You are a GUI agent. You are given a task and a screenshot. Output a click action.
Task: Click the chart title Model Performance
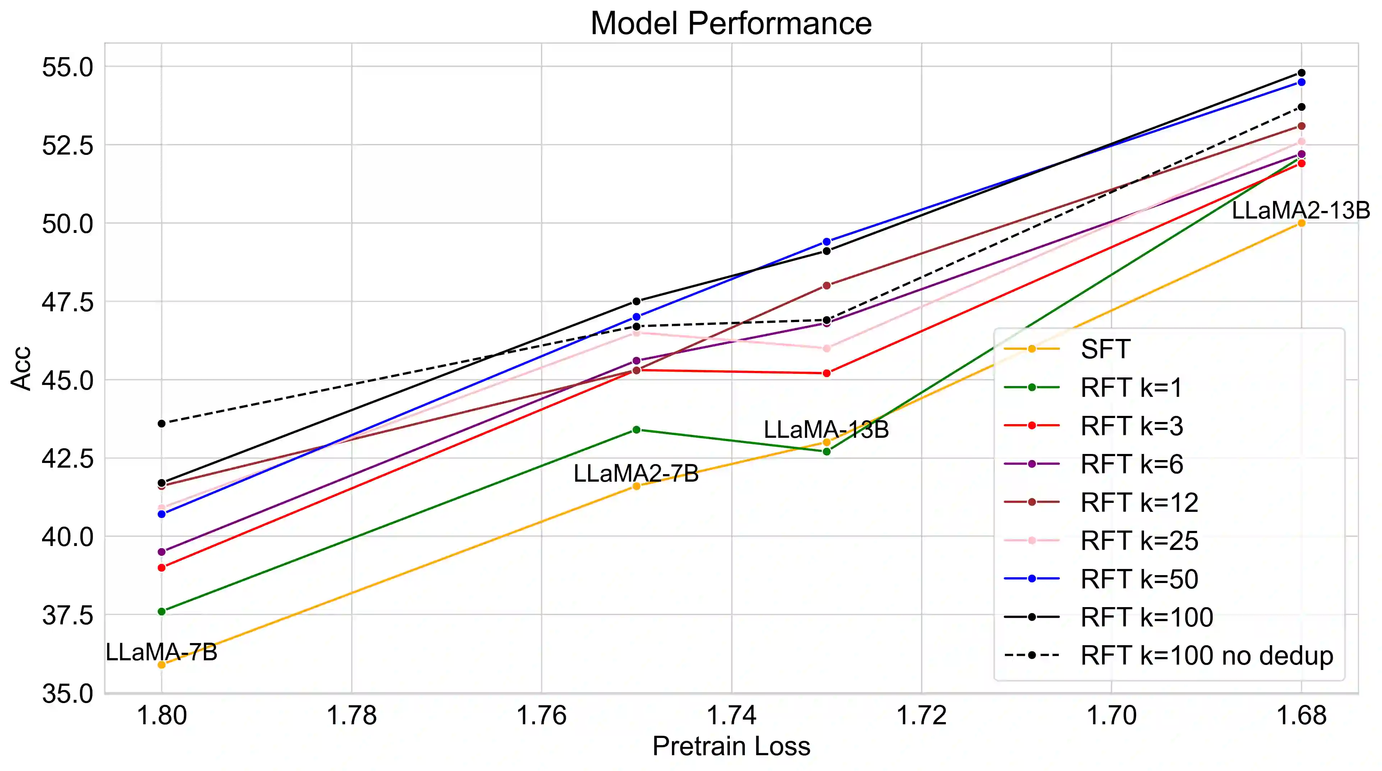tap(731, 24)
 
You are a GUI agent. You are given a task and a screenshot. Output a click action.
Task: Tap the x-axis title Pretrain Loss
tap(731, 746)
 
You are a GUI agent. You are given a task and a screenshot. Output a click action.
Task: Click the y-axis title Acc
tap(22, 368)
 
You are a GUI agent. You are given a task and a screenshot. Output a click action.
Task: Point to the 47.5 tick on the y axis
tap(68, 302)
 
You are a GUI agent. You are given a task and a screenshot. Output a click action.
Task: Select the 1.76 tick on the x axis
tap(541, 715)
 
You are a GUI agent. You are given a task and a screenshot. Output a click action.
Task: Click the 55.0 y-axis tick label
tap(68, 68)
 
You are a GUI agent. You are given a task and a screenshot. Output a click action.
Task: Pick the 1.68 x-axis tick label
tap(1301, 715)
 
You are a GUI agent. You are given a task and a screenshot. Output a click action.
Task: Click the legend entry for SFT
tap(1105, 349)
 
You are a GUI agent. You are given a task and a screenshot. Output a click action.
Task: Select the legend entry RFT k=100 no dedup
tap(1206, 656)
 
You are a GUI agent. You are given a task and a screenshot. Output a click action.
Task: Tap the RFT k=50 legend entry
tap(1139, 579)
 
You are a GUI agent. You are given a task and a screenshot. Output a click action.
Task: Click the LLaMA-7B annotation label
tap(161, 652)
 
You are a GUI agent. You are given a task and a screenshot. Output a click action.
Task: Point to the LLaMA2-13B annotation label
tap(1300, 210)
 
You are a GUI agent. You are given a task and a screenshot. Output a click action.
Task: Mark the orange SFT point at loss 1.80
tap(161, 665)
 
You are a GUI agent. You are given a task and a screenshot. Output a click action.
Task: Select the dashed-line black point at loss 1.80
tap(161, 423)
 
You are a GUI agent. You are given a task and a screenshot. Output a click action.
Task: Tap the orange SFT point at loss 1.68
tap(1301, 223)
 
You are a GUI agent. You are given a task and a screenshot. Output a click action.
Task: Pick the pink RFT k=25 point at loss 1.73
tap(826, 348)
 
